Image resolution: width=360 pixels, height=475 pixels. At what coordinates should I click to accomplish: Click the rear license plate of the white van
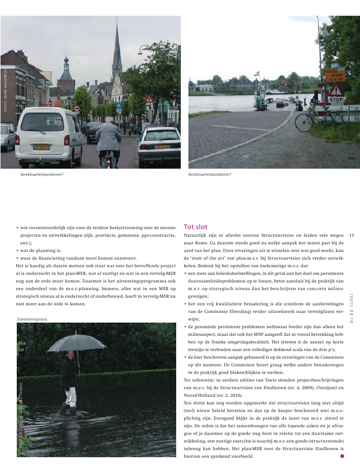(x=42, y=147)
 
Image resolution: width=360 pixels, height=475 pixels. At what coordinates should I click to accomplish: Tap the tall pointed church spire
(x=117, y=51)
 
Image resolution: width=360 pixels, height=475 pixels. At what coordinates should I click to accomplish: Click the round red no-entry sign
(x=77, y=108)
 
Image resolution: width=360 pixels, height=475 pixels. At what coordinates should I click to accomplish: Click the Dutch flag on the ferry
(x=256, y=74)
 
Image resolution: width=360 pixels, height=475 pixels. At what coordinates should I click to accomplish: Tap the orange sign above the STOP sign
(x=335, y=75)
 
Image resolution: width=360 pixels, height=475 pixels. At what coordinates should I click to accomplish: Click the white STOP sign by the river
(x=336, y=100)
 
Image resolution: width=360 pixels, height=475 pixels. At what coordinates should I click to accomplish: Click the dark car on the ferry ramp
(x=280, y=103)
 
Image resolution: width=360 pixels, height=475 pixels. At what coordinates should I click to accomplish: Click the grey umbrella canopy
(x=76, y=343)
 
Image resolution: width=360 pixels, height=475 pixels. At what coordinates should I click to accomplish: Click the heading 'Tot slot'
(x=195, y=227)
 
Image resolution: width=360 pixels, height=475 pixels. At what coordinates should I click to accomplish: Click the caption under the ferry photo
(x=210, y=174)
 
